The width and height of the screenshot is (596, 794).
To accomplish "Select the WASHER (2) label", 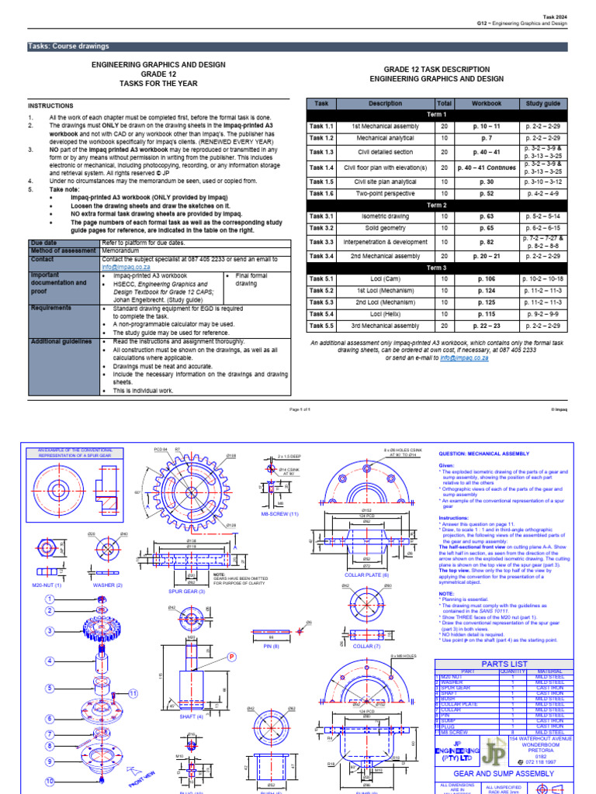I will point(106,584).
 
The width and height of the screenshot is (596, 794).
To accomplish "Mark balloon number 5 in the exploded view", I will point(50,688).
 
